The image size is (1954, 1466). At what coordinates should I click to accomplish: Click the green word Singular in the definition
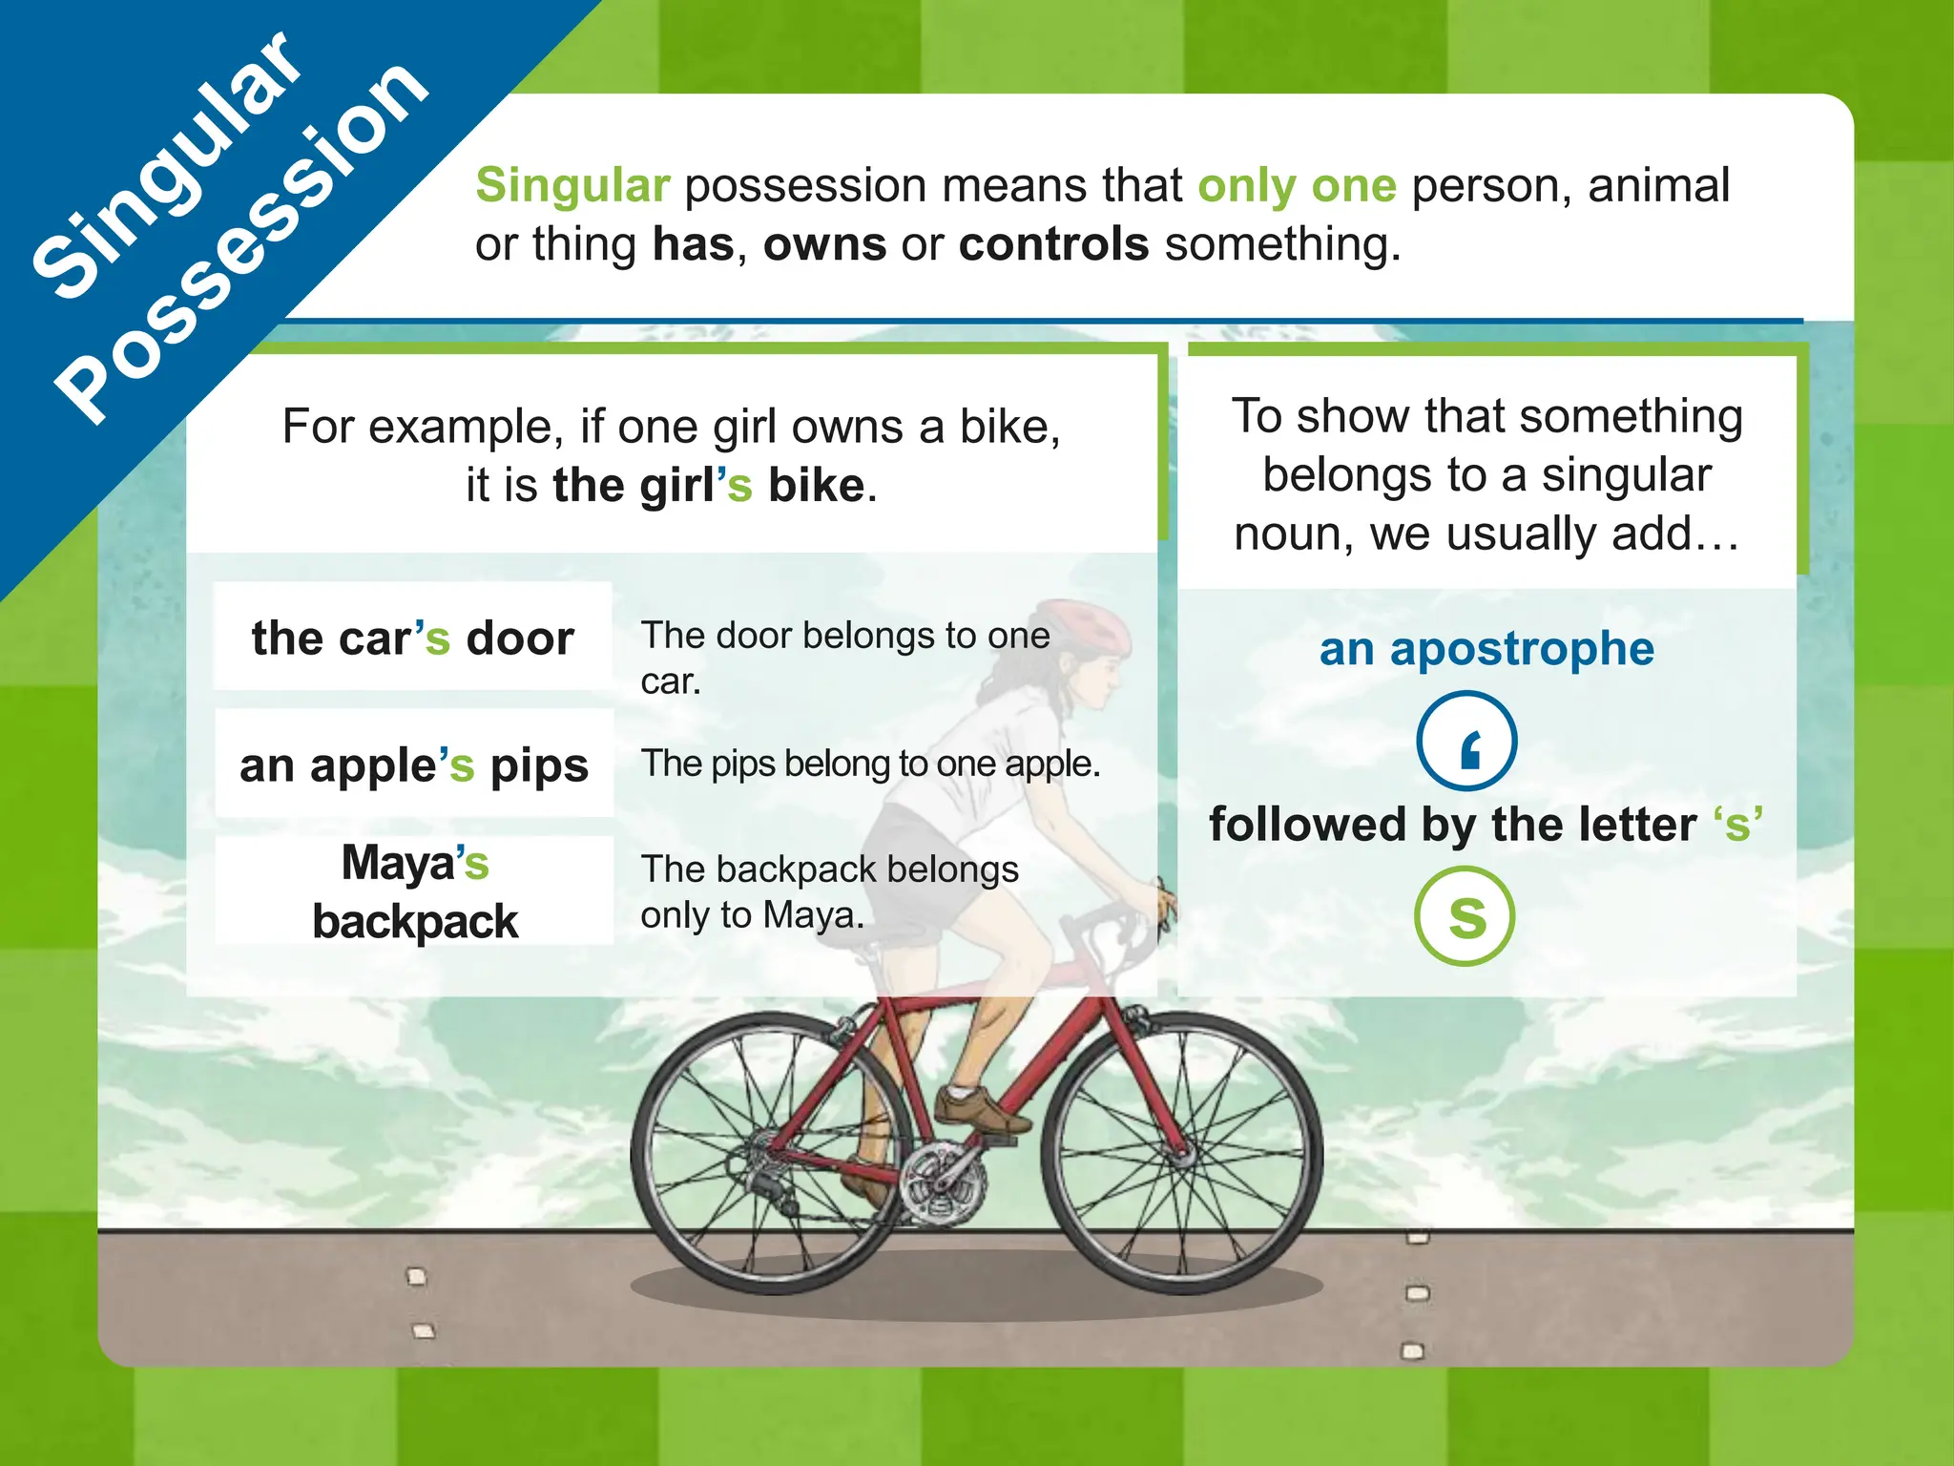coord(572,185)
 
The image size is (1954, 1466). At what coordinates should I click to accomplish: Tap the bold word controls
coord(1053,244)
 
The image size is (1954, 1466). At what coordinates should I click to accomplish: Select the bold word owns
coord(824,244)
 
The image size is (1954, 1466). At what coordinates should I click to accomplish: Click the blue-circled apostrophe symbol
coord(1466,742)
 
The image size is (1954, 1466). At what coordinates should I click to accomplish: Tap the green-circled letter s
coord(1465,916)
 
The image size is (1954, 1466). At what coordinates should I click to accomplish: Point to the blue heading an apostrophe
coord(1486,649)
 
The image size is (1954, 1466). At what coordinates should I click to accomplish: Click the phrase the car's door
coord(412,638)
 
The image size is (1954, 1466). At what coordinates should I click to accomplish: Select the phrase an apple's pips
coord(414,764)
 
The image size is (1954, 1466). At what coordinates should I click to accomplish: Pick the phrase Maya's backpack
coord(414,891)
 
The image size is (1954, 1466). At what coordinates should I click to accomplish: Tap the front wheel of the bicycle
coord(1181,1153)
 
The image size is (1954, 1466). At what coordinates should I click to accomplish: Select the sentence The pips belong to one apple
coord(870,764)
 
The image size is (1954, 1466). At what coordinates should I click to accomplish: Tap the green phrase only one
coord(1297,185)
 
